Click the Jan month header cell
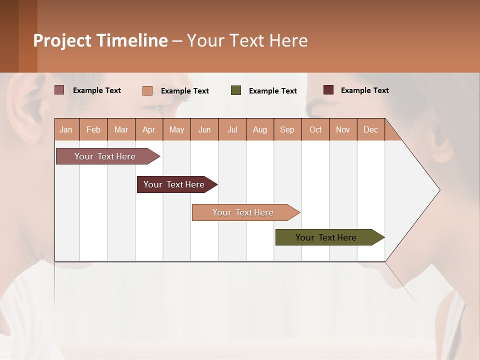coord(66,129)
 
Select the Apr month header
coord(149,129)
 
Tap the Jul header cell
coord(232,129)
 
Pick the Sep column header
coord(287,129)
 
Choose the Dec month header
coord(370,129)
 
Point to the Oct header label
coord(315,129)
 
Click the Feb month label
coord(93,129)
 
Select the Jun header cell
coord(204,129)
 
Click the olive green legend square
coord(236,90)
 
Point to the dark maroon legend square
coord(328,90)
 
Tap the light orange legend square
coord(147,90)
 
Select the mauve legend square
coord(59,90)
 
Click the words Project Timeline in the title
coord(100,40)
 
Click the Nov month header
coord(343,129)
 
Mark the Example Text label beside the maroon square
coord(364,90)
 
